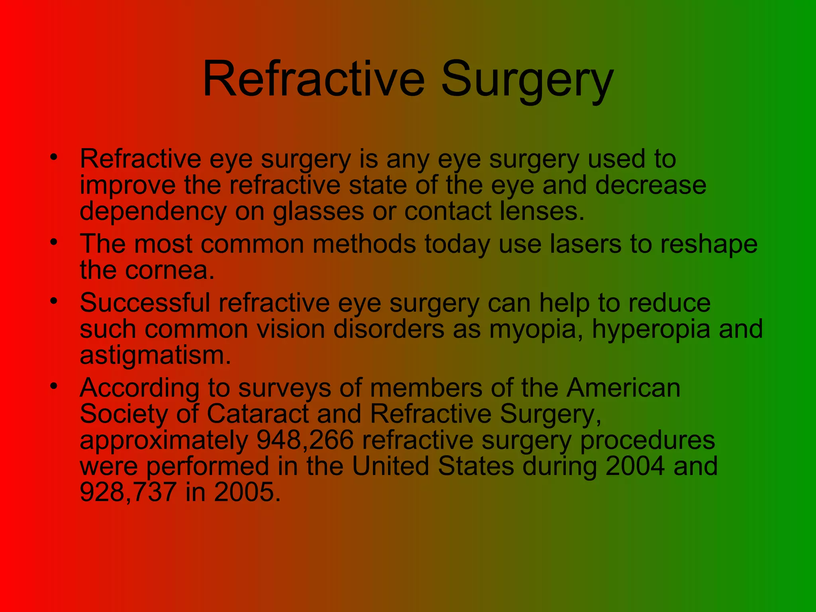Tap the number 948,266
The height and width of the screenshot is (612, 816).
[305, 441]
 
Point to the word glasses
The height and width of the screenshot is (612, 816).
[318, 212]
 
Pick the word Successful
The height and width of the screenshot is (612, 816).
[145, 303]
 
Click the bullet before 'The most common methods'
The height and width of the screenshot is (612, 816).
[54, 241]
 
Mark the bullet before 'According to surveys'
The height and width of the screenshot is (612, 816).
[54, 386]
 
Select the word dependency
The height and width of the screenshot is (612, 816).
[153, 212]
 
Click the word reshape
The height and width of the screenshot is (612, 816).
[709, 245]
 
